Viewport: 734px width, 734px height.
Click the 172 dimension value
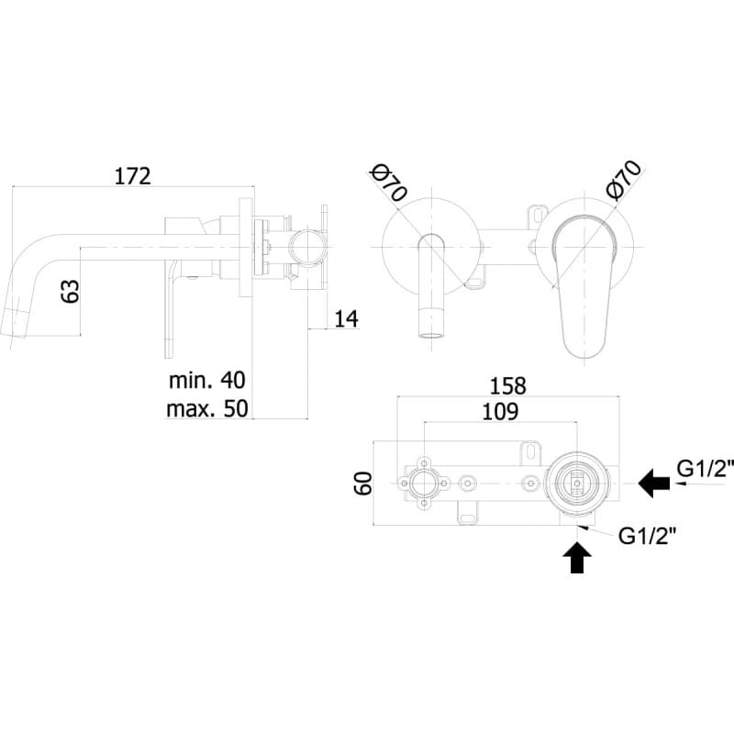click(132, 176)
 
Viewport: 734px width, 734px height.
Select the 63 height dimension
click(72, 291)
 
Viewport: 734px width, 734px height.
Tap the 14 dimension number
click(347, 318)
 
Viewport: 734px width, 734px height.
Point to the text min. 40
click(207, 380)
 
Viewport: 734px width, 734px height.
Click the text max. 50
click(207, 408)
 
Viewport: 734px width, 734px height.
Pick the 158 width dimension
click(508, 386)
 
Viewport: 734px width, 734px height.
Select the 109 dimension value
click(500, 411)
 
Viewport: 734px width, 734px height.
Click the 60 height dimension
click(363, 484)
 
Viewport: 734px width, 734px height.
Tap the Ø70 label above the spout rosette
click(388, 183)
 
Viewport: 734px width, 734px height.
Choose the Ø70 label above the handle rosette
click(624, 180)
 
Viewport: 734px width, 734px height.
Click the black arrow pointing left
click(654, 484)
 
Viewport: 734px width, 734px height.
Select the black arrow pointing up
click(577, 557)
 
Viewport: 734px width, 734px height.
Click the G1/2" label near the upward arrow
click(648, 536)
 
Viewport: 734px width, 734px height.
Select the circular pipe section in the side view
click(307, 248)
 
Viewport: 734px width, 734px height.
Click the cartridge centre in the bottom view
click(577, 484)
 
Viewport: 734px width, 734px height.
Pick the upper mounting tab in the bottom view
click(530, 452)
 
